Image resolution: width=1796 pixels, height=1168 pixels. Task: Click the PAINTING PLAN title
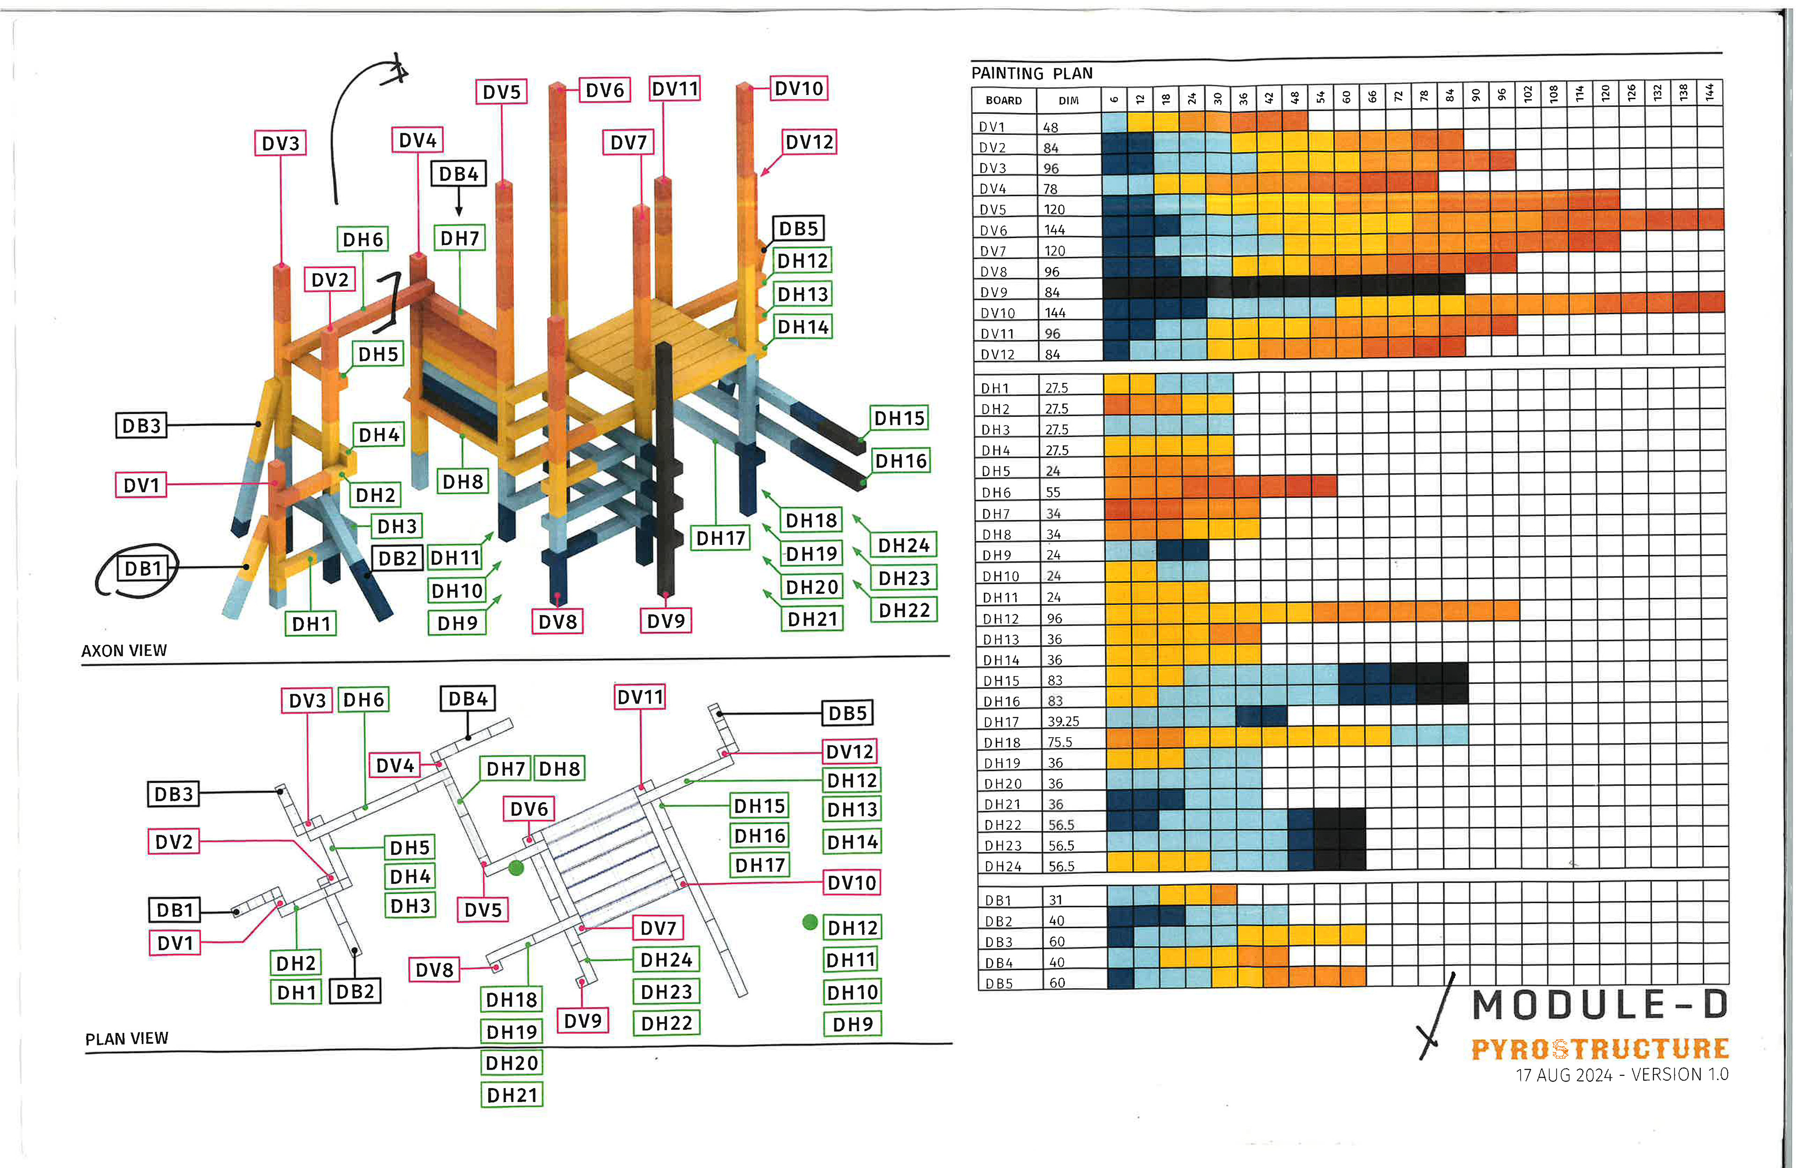point(1032,73)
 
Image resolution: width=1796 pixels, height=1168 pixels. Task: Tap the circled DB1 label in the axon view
point(144,568)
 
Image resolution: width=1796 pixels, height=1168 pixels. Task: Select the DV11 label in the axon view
point(674,89)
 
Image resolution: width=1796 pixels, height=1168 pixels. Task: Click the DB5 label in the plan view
point(847,713)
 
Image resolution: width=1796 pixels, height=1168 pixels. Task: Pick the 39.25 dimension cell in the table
point(1063,721)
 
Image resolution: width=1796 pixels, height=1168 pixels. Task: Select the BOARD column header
point(1004,101)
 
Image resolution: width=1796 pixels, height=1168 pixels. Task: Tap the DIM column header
point(1069,101)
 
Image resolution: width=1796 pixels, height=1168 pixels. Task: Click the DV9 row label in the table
point(994,292)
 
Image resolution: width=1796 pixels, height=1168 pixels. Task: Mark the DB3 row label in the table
point(999,942)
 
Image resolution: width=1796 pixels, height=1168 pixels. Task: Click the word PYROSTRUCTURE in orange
point(1600,1049)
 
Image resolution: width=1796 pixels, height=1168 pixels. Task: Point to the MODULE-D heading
point(1600,1004)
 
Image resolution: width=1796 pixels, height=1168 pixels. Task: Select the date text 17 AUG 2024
point(1564,1075)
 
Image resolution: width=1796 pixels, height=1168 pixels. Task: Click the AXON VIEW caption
point(124,650)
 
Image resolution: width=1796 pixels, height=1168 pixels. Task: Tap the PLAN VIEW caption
point(127,1039)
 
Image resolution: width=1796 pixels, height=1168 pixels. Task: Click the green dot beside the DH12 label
point(810,922)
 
